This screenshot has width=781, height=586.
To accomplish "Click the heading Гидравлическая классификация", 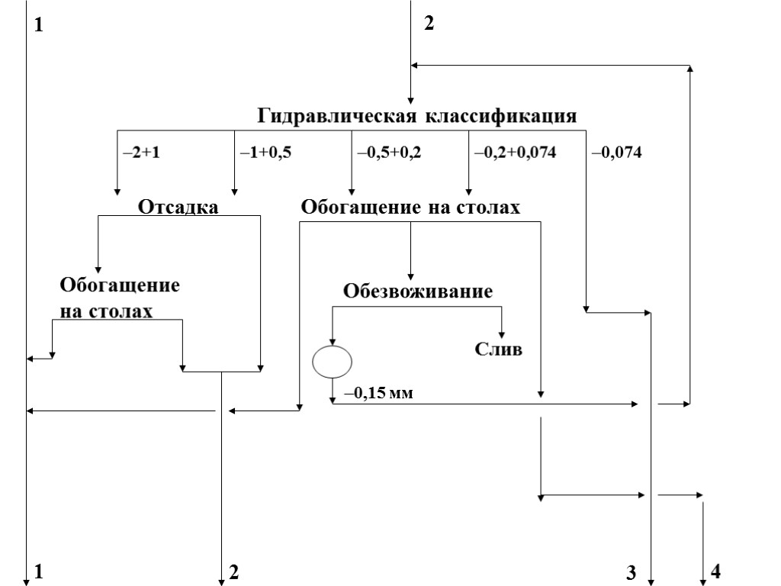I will click(416, 117).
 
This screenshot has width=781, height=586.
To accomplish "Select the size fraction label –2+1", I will click(140, 153).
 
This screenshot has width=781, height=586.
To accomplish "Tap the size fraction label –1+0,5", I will click(266, 153).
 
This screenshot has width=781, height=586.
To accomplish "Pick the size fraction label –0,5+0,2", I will click(389, 153).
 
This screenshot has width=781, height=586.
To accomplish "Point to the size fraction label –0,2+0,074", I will click(515, 153).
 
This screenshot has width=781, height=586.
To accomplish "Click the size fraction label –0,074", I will click(616, 153).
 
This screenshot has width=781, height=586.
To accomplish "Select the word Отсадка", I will click(178, 207).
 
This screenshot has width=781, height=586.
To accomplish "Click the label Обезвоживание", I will click(418, 291).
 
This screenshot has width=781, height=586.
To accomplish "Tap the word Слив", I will click(499, 350).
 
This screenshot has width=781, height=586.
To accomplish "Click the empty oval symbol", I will click(333, 361).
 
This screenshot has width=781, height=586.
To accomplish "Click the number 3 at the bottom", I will click(631, 573).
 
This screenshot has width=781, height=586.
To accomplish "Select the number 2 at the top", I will click(429, 24).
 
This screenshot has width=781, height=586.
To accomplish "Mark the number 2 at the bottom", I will click(234, 572).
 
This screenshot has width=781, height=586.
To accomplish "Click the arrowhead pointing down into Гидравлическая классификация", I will click(411, 99).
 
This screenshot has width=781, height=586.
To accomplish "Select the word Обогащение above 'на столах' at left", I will click(120, 287).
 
